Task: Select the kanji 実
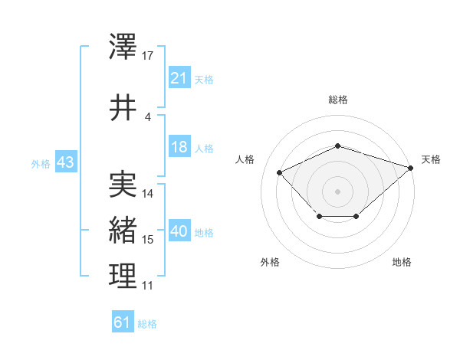123,185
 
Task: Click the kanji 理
123,276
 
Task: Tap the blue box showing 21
179,77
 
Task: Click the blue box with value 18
179,147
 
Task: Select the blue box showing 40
179,231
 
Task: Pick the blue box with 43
65,162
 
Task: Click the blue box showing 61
123,322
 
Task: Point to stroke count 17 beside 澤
148,56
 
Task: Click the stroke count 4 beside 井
148,116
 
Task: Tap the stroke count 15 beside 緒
148,240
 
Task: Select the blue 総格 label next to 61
147,324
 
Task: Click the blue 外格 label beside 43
41,163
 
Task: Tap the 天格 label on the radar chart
431,159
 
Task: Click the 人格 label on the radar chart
245,159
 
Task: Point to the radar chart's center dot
337,191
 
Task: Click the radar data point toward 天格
411,167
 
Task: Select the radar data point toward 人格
280,172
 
